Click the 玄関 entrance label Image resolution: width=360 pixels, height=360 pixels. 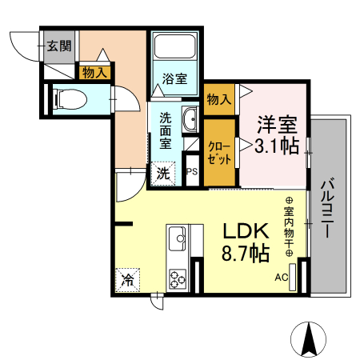click(59, 46)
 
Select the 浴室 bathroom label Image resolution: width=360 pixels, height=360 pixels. click(175, 79)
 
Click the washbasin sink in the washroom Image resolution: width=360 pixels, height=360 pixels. click(190, 120)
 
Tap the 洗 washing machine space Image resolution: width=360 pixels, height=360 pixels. click(163, 172)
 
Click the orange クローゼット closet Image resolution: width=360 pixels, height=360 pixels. click(219, 151)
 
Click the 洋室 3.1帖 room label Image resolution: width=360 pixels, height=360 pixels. click(277, 135)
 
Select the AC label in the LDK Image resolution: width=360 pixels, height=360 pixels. click(281, 278)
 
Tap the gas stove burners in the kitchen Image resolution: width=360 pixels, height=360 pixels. click(176, 279)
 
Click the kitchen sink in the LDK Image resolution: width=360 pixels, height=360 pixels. click(176, 238)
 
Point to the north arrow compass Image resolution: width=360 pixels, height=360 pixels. click(309, 339)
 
